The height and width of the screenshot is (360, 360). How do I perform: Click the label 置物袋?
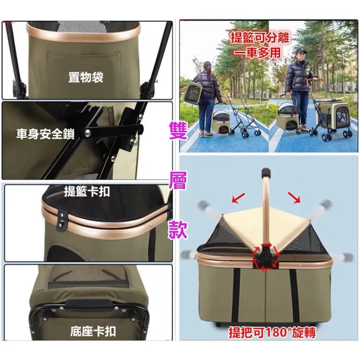pyautogui.click(x=86, y=77)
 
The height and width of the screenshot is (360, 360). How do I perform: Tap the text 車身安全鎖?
pyautogui.click(x=45, y=134)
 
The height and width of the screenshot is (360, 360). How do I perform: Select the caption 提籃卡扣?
pyautogui.click(x=87, y=192)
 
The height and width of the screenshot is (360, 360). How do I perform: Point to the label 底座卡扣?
pyautogui.click(x=93, y=331)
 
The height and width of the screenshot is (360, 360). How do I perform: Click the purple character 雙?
pyautogui.click(x=178, y=131)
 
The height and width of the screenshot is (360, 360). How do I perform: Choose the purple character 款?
pyautogui.click(x=178, y=231)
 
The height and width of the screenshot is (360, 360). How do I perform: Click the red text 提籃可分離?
pyautogui.click(x=260, y=37)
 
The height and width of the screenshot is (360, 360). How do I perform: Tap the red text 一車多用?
pyautogui.click(x=257, y=53)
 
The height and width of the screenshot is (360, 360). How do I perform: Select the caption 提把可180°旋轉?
pyautogui.click(x=272, y=332)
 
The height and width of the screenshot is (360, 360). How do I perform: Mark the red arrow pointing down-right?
pyautogui.click(x=294, y=197)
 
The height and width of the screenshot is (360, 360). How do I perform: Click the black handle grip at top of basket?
pyautogui.click(x=266, y=172)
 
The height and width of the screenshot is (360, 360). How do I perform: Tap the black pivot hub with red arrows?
pyautogui.click(x=266, y=256)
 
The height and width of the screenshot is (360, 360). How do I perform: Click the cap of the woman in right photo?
pyautogui.click(x=300, y=51)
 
